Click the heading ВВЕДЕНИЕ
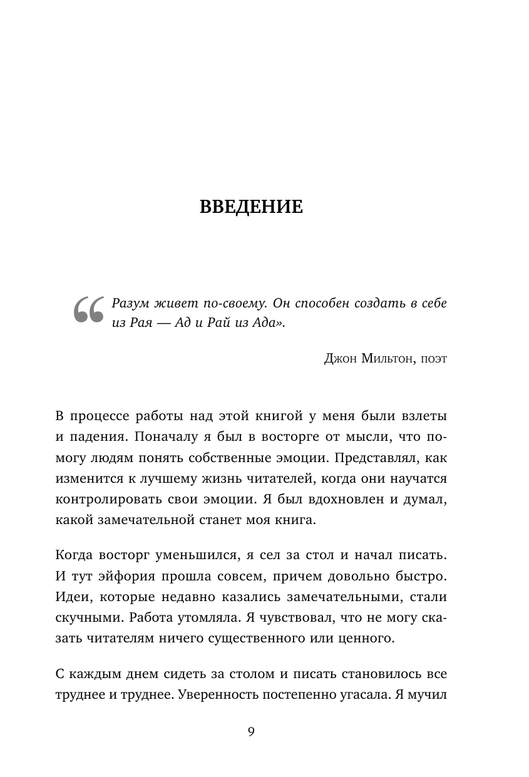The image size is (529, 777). (x=251, y=207)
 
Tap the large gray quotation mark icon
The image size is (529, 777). (x=88, y=310)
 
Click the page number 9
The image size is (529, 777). (x=251, y=732)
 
